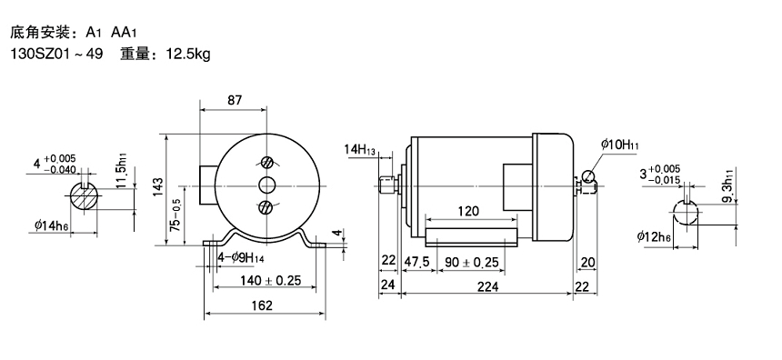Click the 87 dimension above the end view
coord(235,100)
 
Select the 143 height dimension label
coord(157,187)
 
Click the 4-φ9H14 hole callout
coord(241,258)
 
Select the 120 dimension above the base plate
coord(468,211)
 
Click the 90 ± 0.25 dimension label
coord(472,262)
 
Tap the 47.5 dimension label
coord(417,262)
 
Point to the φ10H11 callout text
coord(620,145)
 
